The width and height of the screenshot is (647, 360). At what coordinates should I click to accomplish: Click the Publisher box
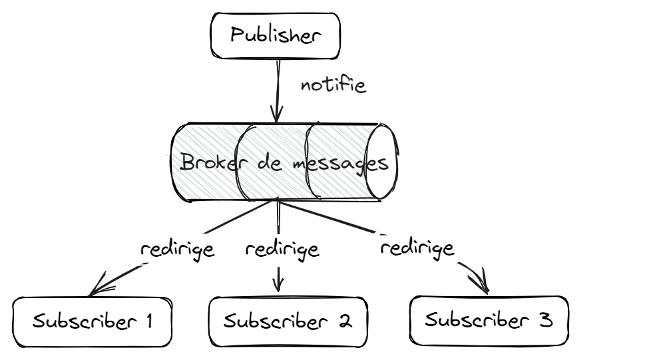click(275, 36)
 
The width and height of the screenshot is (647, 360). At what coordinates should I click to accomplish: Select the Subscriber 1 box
click(93, 321)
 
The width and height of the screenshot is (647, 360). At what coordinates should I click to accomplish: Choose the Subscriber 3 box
click(490, 320)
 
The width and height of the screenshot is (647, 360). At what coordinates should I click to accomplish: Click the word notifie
click(333, 85)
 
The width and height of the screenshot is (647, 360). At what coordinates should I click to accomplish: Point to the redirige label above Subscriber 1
click(177, 250)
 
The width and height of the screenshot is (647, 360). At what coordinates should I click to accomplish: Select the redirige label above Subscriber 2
click(282, 250)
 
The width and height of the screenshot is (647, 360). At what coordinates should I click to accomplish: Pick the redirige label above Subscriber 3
click(417, 248)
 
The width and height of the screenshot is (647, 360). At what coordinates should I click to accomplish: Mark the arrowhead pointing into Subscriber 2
click(279, 285)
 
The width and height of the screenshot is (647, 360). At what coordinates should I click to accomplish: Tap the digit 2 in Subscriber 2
click(344, 321)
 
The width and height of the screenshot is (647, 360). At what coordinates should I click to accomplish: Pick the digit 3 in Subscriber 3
click(544, 320)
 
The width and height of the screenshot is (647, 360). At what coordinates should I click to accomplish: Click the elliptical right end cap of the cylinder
click(384, 162)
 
